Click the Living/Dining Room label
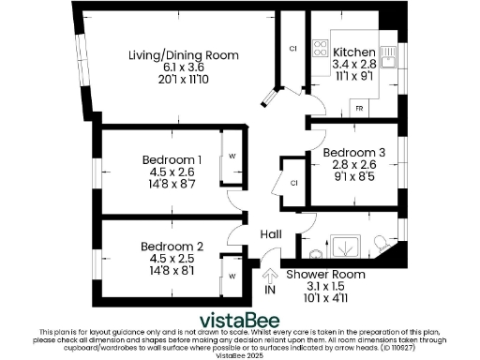(184, 56)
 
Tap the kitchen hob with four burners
(322, 49)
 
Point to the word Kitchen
(354, 52)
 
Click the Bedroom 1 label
(172, 158)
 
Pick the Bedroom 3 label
(353, 152)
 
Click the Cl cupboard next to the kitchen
(292, 48)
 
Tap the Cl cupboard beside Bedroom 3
(294, 182)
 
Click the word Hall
(271, 234)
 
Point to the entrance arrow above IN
(270, 276)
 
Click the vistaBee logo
(239, 317)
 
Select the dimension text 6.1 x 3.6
(184, 68)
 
